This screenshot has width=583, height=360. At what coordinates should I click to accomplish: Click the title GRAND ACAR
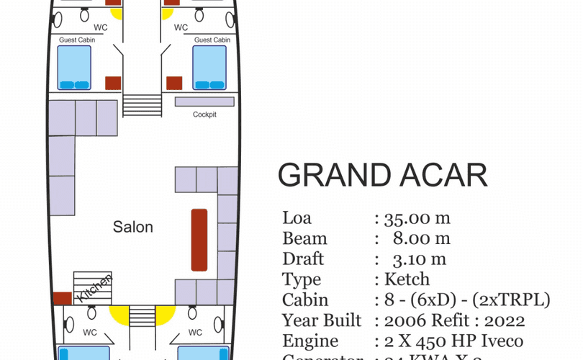pos(382,176)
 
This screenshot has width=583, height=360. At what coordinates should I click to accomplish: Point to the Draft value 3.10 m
pos(420,259)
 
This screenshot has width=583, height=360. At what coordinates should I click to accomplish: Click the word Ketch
pos(407,279)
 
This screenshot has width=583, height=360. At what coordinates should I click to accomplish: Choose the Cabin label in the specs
pos(305,300)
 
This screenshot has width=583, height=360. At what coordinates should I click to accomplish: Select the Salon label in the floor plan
pos(133,227)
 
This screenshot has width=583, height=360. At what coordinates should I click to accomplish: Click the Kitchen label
pos(95,287)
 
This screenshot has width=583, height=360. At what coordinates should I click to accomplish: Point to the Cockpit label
pos(204,114)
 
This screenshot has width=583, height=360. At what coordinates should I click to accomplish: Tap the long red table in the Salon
pos(199,240)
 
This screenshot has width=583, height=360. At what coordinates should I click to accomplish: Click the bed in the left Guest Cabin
pos(75,67)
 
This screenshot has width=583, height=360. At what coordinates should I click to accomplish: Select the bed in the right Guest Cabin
pos(209,67)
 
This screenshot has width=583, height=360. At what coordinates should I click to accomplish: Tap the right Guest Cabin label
pos(212,40)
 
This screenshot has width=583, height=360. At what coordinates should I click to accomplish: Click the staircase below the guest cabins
pos(143,106)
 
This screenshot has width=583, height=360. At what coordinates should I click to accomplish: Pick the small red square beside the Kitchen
pos(62,297)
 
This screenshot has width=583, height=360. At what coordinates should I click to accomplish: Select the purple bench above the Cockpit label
pos(204,102)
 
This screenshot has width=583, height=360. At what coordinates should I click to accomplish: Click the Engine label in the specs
pos(312,341)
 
